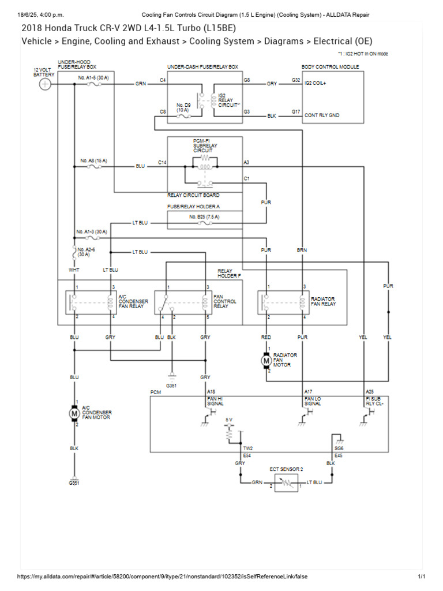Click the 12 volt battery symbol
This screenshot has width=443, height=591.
pos(45,84)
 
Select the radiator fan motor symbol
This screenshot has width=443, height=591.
pos(266,360)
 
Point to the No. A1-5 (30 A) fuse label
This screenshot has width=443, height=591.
pos(92,77)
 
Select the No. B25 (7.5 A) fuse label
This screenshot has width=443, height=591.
pos(204,216)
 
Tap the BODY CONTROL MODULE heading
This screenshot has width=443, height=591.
pos(330,67)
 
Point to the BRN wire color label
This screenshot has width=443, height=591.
pos(302,250)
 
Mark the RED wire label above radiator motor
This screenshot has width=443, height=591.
pos(266,336)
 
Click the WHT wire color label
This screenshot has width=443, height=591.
pos(74,270)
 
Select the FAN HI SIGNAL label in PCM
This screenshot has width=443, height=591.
pos(215,401)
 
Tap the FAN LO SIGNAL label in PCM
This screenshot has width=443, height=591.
pos(313,401)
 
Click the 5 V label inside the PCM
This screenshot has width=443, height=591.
pos(229,420)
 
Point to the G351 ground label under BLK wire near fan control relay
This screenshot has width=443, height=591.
pos(171,384)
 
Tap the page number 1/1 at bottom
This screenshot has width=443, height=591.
pos(421,577)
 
